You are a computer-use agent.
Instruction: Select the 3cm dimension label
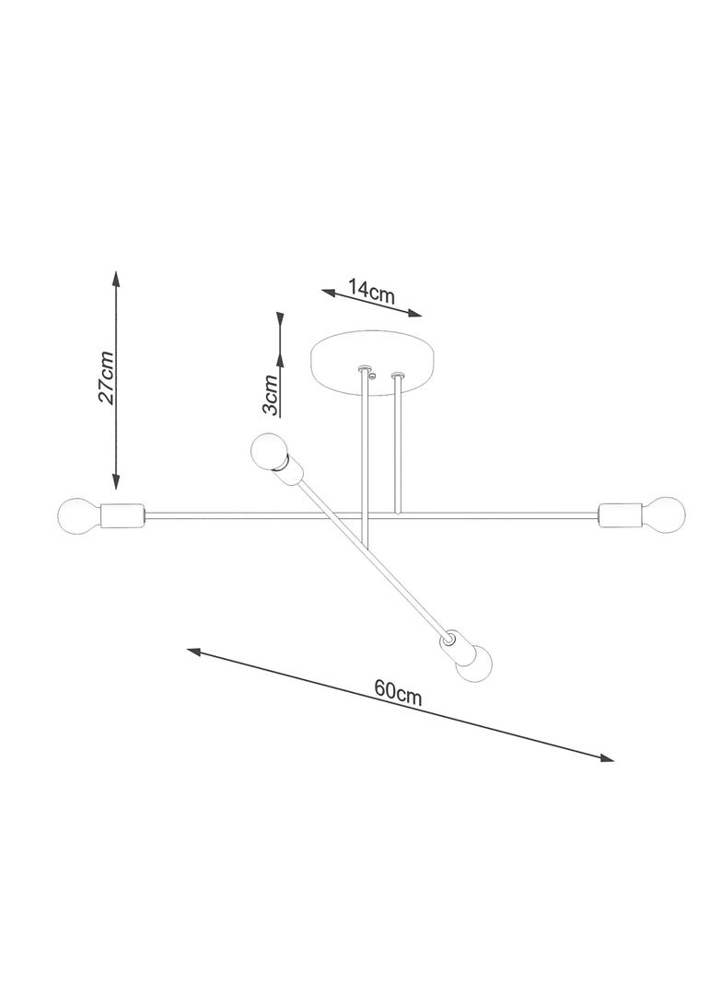(270, 395)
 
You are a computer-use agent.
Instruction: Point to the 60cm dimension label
(398, 693)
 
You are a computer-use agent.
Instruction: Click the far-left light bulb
(78, 515)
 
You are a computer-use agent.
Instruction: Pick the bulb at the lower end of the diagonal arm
(474, 664)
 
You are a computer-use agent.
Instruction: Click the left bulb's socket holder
(122, 515)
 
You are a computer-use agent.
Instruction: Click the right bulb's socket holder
(619, 514)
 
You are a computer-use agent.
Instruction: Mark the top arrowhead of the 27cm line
(116, 279)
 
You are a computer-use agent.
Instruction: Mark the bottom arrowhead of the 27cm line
(116, 480)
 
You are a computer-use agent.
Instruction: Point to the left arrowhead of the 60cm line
(194, 652)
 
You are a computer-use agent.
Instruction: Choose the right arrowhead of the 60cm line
(607, 757)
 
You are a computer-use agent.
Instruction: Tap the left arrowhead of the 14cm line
(328, 292)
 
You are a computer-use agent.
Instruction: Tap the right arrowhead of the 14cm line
(415, 314)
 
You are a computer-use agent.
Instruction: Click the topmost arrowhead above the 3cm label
(281, 319)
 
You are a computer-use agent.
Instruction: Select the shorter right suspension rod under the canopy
(396, 444)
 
